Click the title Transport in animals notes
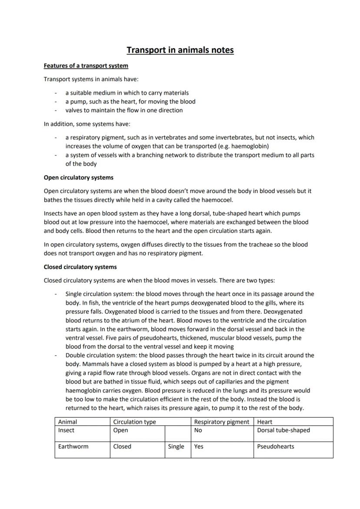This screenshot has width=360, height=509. coord(180,50)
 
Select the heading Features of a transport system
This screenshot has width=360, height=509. coord(86,66)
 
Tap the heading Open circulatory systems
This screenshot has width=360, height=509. coord(79,177)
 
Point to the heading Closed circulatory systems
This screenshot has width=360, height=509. coord(80,267)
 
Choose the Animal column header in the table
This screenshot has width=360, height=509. coord(68,422)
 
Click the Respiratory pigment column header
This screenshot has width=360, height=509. coord(222,422)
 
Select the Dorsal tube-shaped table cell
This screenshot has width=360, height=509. coord(283,430)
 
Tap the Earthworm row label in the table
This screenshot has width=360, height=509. coord(73,446)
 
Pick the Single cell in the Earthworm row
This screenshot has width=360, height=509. coord(176,446)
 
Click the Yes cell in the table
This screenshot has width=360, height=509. coord(199,446)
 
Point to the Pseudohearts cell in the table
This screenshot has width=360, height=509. coord(276,446)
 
